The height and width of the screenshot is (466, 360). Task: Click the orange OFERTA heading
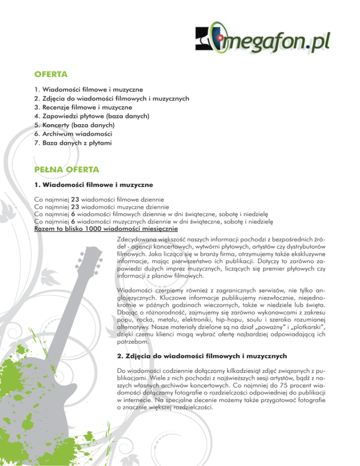(52, 74)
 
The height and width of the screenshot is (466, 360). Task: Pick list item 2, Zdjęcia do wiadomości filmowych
(115, 98)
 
